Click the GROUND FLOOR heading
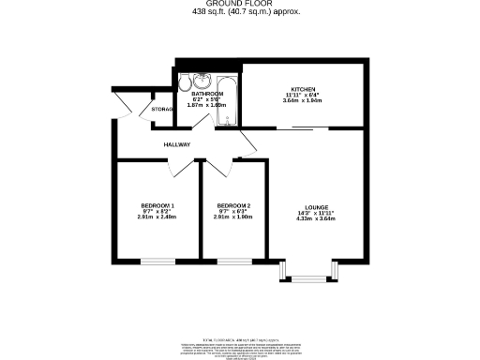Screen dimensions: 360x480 (x=239, y=4)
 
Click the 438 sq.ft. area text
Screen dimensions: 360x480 (x=239, y=12)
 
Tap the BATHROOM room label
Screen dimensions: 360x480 (x=207, y=94)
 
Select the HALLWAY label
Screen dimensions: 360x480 (x=177, y=144)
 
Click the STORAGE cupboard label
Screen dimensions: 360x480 (x=163, y=111)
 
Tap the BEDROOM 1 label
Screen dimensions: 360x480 (x=157, y=205)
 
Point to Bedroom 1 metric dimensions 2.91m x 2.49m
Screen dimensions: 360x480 (x=157, y=217)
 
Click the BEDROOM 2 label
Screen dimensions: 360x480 (x=233, y=205)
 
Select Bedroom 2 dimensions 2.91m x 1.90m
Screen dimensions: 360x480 (x=233, y=217)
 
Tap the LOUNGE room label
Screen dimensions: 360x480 (x=316, y=207)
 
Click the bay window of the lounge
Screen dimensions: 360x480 (x=306, y=277)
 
